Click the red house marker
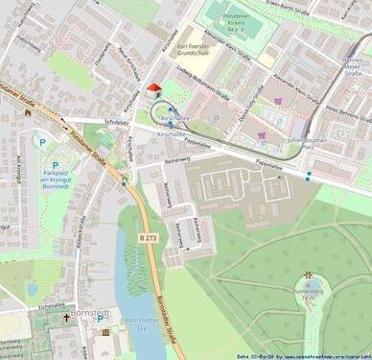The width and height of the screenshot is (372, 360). point(154,88)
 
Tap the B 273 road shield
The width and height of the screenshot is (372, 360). point(146,236)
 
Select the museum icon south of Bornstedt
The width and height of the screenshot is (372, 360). point(105,332)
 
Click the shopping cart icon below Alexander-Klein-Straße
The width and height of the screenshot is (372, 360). point(278,101)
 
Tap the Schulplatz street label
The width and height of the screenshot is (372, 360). point(116,123)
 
